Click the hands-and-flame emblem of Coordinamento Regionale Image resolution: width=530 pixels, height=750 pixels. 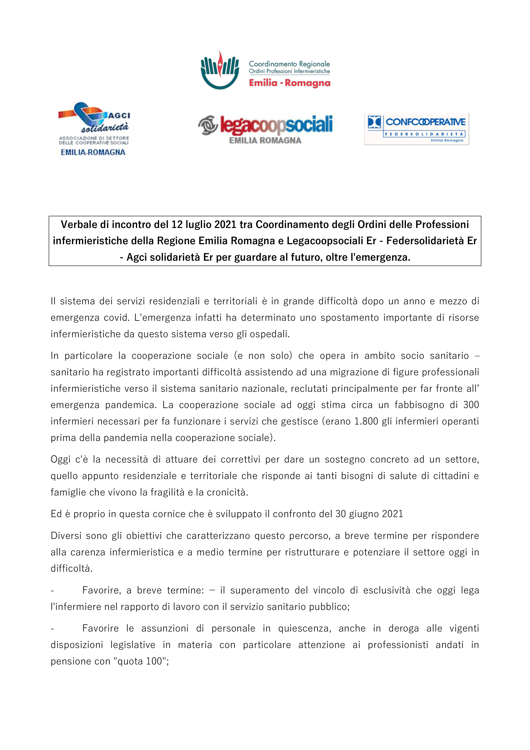pyautogui.click(x=220, y=70)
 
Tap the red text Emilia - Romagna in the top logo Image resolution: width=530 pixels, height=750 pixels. pyautogui.click(x=290, y=83)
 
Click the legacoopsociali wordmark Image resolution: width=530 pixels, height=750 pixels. pyautogui.click(x=276, y=125)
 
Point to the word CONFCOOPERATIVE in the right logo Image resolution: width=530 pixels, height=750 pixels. pyautogui.click(x=425, y=122)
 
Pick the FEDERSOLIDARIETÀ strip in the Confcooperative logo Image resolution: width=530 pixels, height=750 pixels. pyautogui.click(x=424, y=134)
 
